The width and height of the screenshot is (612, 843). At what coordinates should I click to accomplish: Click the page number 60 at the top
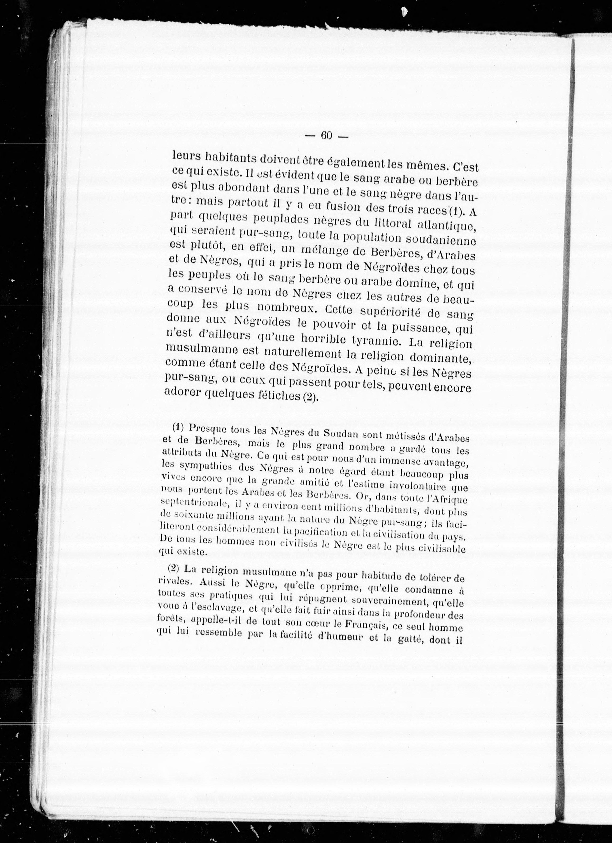click(x=326, y=136)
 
